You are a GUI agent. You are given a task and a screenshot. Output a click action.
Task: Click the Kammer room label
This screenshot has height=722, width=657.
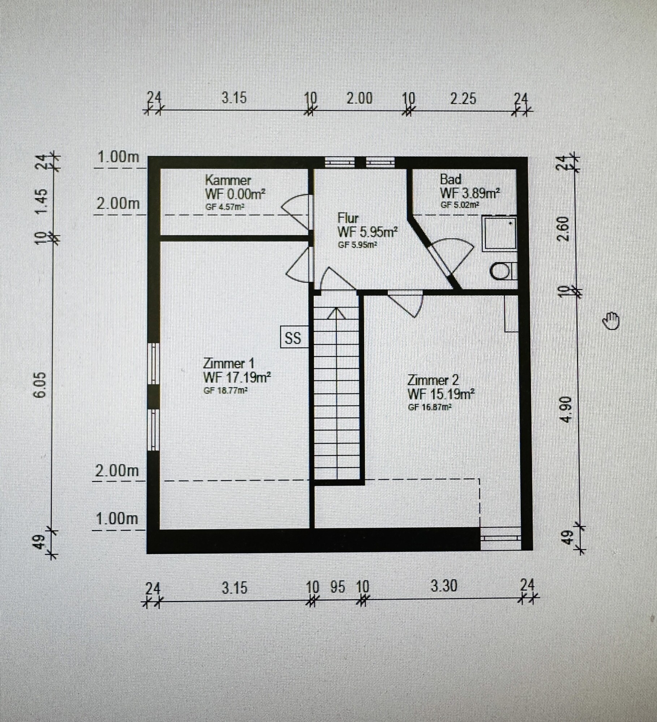point(228,180)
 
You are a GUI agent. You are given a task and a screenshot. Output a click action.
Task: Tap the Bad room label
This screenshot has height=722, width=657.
point(451,179)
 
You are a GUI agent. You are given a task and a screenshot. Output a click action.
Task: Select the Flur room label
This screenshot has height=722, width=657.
point(348,218)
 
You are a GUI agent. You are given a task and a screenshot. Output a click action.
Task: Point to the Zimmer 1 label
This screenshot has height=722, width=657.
point(229,363)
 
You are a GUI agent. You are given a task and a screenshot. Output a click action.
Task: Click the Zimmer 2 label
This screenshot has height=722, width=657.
point(433,380)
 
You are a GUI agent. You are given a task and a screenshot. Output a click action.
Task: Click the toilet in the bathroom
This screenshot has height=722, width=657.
point(502,271)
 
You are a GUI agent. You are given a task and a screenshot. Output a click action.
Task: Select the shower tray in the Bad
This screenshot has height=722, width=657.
point(499,233)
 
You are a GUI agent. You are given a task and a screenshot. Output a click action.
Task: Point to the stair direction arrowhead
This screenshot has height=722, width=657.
point(336,313)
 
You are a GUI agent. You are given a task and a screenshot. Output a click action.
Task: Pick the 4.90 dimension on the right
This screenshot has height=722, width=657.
point(567,409)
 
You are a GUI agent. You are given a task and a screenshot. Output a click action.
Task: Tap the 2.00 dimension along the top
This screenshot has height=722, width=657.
point(359,99)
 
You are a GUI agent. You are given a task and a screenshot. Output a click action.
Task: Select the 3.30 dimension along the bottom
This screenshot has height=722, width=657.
point(444,586)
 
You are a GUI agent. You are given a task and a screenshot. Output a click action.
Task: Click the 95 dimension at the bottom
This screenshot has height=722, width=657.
point(338,587)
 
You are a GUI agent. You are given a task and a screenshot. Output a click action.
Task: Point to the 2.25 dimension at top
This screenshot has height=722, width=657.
point(463,99)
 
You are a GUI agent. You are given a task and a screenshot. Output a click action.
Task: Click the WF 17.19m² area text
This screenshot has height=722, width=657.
point(237,378)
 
